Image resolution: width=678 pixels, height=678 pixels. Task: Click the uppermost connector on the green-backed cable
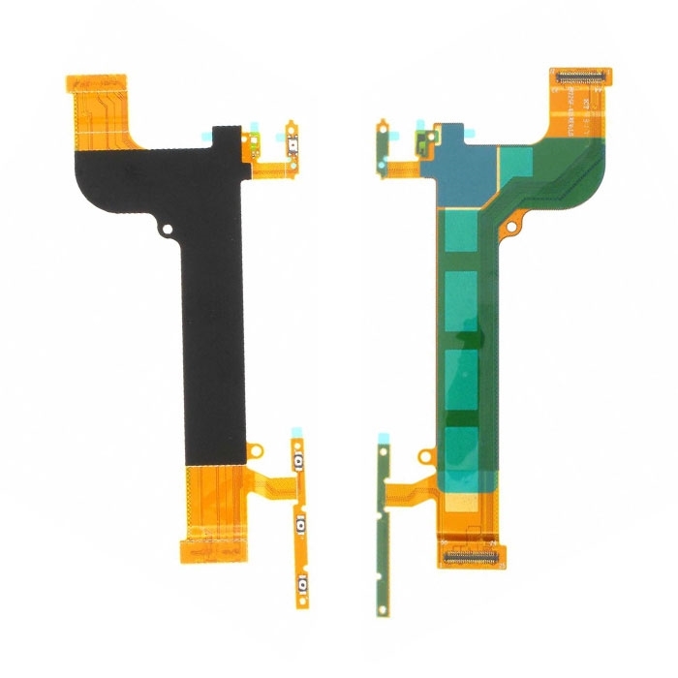(582, 75)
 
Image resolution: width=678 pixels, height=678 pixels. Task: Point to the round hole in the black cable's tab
(168, 231)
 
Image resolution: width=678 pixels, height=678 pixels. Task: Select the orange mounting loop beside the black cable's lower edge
(255, 449)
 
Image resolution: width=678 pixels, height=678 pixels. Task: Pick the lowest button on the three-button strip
(302, 582)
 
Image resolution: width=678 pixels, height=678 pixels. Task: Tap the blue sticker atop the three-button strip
(296, 442)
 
